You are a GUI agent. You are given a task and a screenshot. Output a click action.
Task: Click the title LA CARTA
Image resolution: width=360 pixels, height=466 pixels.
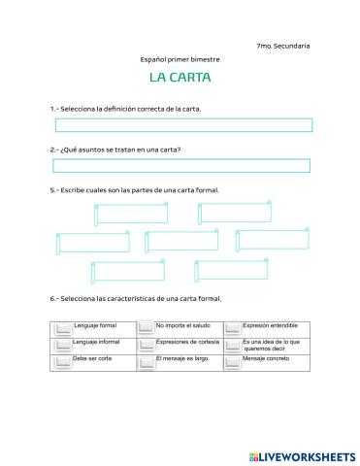180,77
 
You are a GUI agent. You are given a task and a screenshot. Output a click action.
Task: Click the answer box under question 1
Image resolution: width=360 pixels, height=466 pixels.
183,124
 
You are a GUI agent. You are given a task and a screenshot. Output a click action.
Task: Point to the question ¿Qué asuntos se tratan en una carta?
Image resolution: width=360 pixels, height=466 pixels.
115,150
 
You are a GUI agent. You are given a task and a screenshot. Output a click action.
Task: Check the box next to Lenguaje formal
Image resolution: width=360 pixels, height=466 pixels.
63,327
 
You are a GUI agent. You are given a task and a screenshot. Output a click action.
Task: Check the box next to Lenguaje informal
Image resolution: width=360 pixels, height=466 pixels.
63,345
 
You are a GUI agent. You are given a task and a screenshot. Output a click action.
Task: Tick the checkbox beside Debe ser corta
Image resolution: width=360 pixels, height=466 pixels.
63,361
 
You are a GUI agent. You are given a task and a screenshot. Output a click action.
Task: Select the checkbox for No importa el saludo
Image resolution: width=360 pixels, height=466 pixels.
146,327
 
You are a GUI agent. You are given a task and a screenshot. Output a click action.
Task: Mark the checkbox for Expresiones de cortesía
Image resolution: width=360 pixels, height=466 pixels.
146,345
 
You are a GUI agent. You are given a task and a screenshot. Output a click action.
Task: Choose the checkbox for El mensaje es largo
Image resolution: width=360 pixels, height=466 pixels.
146,361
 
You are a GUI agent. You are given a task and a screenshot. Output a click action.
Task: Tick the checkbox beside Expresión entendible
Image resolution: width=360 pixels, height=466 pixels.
232,327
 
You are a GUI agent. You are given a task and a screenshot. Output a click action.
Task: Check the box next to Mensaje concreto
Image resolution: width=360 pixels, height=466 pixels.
232,361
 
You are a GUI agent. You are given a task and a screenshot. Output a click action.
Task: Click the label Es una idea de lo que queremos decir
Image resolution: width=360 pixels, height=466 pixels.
273,344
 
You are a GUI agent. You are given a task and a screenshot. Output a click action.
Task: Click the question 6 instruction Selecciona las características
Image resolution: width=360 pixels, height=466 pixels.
136,299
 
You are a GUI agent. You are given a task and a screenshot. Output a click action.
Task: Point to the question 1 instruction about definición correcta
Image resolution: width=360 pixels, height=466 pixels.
125,109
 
